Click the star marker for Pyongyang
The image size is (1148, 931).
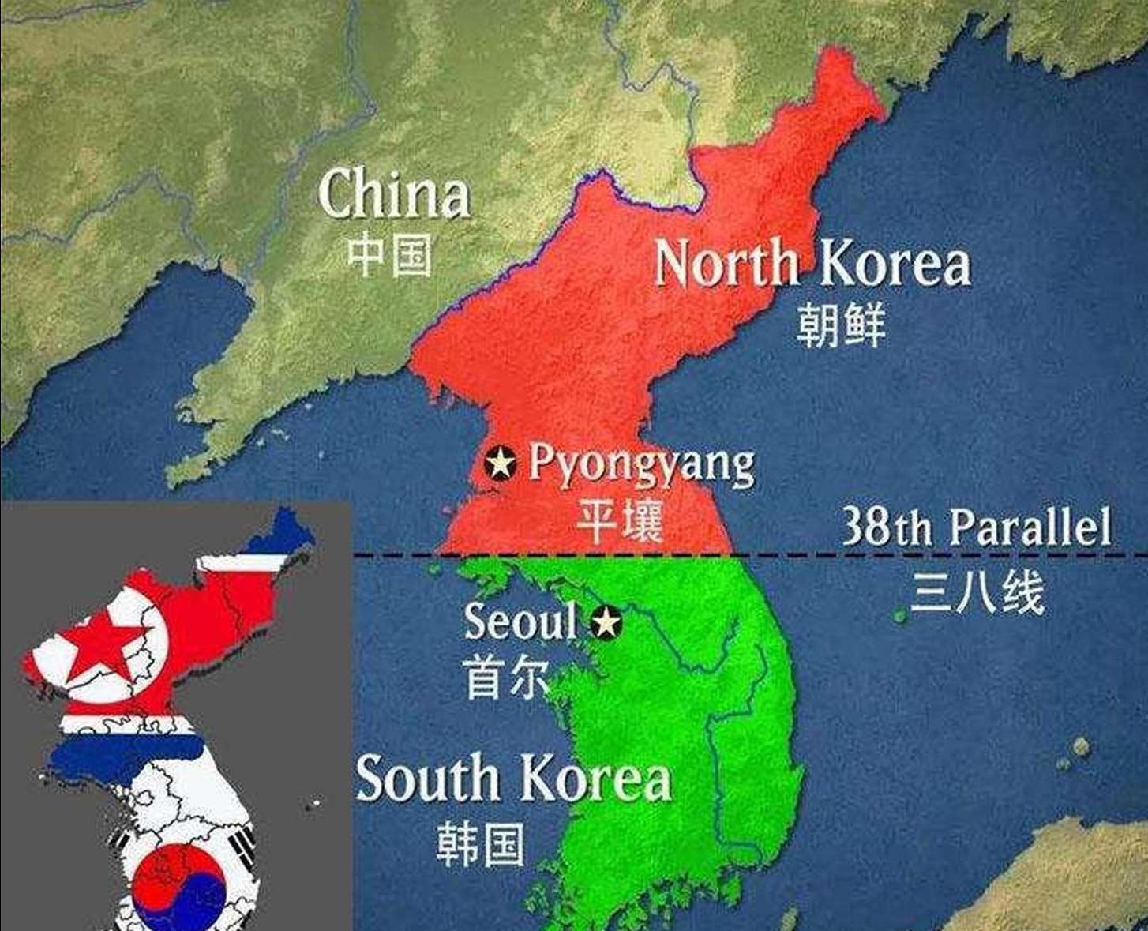pyautogui.click(x=500, y=463)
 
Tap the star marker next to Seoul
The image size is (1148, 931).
pyautogui.click(x=606, y=623)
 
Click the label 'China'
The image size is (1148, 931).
pyautogui.click(x=393, y=193)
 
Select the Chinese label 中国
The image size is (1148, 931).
pyautogui.click(x=390, y=254)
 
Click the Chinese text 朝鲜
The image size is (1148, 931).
pyautogui.click(x=841, y=325)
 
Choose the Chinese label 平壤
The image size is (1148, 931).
pyautogui.click(x=619, y=520)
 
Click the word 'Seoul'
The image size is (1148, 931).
pyautogui.click(x=520, y=621)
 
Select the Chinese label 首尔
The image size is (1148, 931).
pyautogui.click(x=506, y=678)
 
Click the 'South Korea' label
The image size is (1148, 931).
pyautogui.click(x=513, y=779)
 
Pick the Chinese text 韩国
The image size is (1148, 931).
pyautogui.click(x=480, y=844)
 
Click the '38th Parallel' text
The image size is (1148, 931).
pyautogui.click(x=977, y=527)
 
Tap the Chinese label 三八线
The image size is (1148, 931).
pyautogui.click(x=977, y=592)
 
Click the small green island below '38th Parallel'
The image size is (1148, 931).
pyautogui.click(x=899, y=615)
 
